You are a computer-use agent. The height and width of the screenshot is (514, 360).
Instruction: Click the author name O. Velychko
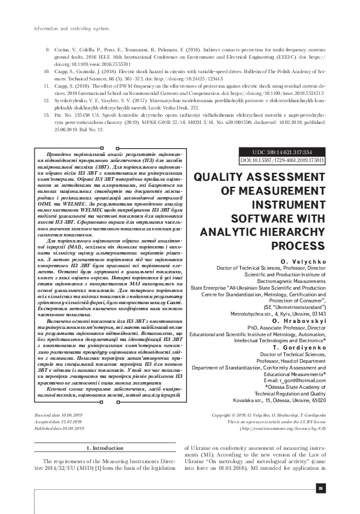point(309,259)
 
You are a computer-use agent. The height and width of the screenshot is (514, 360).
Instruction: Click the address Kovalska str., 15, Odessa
point(290,400)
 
